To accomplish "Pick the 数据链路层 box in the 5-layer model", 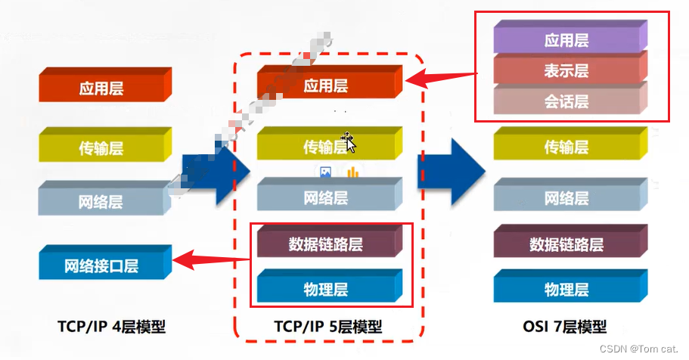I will [325, 244].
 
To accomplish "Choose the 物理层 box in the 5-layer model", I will [325, 289].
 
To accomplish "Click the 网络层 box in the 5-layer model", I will [325, 197].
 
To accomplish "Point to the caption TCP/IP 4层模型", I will [111, 327].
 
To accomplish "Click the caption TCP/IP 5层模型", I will [327, 327].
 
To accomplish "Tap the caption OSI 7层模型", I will [564, 327].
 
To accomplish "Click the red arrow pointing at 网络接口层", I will [212, 261].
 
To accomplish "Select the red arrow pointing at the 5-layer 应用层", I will [442, 76].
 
